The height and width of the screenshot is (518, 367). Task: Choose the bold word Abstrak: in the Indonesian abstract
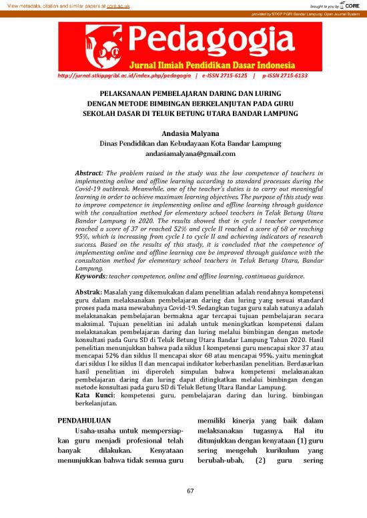point(91,293)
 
